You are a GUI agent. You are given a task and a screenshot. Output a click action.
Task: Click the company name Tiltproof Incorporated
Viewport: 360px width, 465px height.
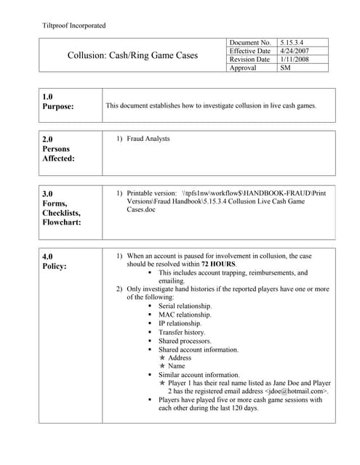(x=75, y=25)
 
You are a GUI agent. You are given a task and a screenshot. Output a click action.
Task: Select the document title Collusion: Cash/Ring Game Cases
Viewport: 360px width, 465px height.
(x=132, y=55)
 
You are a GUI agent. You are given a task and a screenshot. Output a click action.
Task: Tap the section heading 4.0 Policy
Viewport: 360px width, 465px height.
(x=55, y=262)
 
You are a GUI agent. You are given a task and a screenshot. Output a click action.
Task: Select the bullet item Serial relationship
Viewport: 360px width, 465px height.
(x=185, y=306)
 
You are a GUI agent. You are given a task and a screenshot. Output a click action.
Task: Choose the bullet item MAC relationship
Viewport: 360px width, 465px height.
(x=185, y=315)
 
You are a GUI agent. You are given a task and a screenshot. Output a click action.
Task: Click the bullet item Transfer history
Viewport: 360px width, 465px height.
(x=182, y=332)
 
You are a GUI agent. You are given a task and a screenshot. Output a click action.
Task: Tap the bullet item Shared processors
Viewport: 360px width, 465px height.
(x=185, y=341)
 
